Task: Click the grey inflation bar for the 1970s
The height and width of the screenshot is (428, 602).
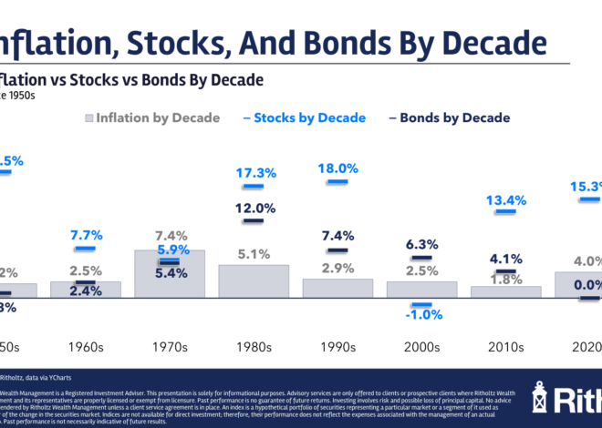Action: [x=169, y=273]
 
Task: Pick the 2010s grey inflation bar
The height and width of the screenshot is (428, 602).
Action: [x=505, y=291]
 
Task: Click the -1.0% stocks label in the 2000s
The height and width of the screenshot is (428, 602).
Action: [x=421, y=315]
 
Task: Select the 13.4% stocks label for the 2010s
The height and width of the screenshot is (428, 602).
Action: [x=505, y=200]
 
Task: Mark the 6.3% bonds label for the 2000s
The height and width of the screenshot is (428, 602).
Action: [x=421, y=243]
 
